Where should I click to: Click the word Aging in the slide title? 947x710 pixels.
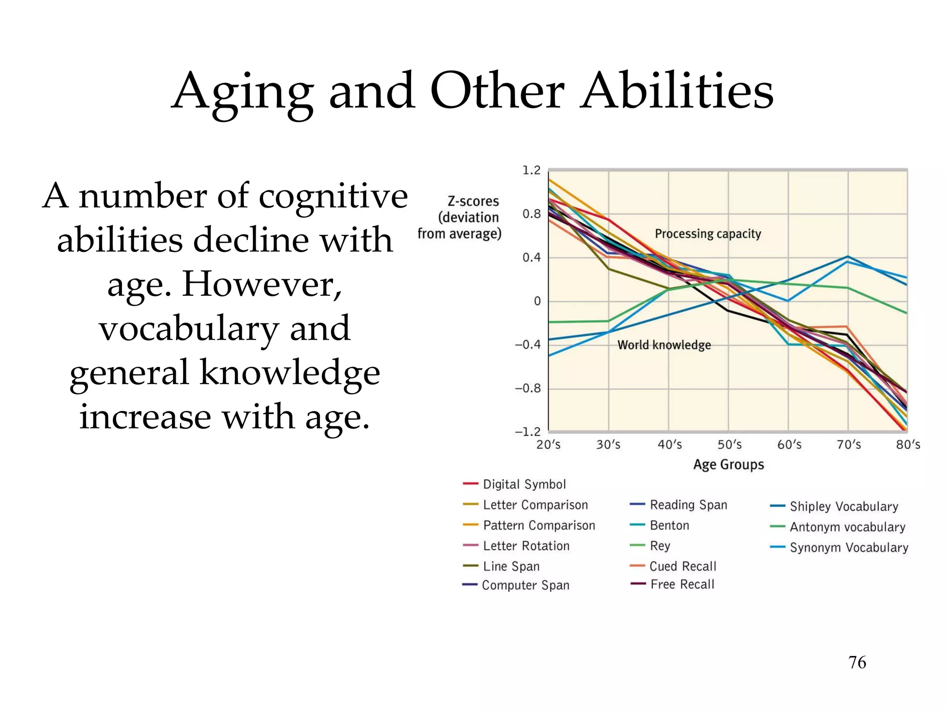243,92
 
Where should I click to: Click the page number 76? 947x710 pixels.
857,662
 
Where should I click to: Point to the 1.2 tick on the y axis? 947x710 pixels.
531,171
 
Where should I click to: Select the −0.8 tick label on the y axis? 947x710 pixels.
528,388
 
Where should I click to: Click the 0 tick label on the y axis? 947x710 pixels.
537,301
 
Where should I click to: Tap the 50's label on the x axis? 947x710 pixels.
729,445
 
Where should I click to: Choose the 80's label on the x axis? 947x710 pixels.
908,445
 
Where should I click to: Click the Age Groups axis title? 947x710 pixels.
728,465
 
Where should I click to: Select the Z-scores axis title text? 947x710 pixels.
473,202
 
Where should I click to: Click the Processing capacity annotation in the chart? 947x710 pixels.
707,234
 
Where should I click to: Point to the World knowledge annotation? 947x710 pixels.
664,345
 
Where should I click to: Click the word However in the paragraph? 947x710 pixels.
262,285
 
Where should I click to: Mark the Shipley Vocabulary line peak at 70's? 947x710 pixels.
848,257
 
